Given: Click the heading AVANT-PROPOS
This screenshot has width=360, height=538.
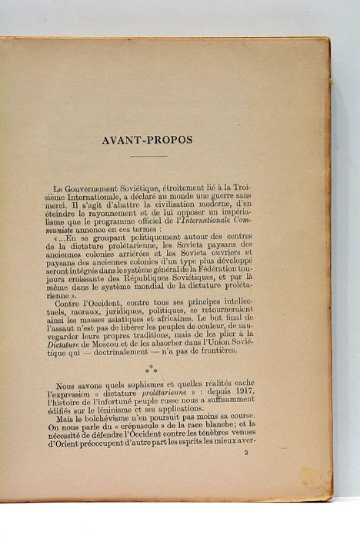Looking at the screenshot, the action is pyautogui.click(x=146, y=140).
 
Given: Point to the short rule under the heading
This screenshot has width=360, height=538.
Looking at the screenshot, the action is pyautogui.click(x=148, y=158).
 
